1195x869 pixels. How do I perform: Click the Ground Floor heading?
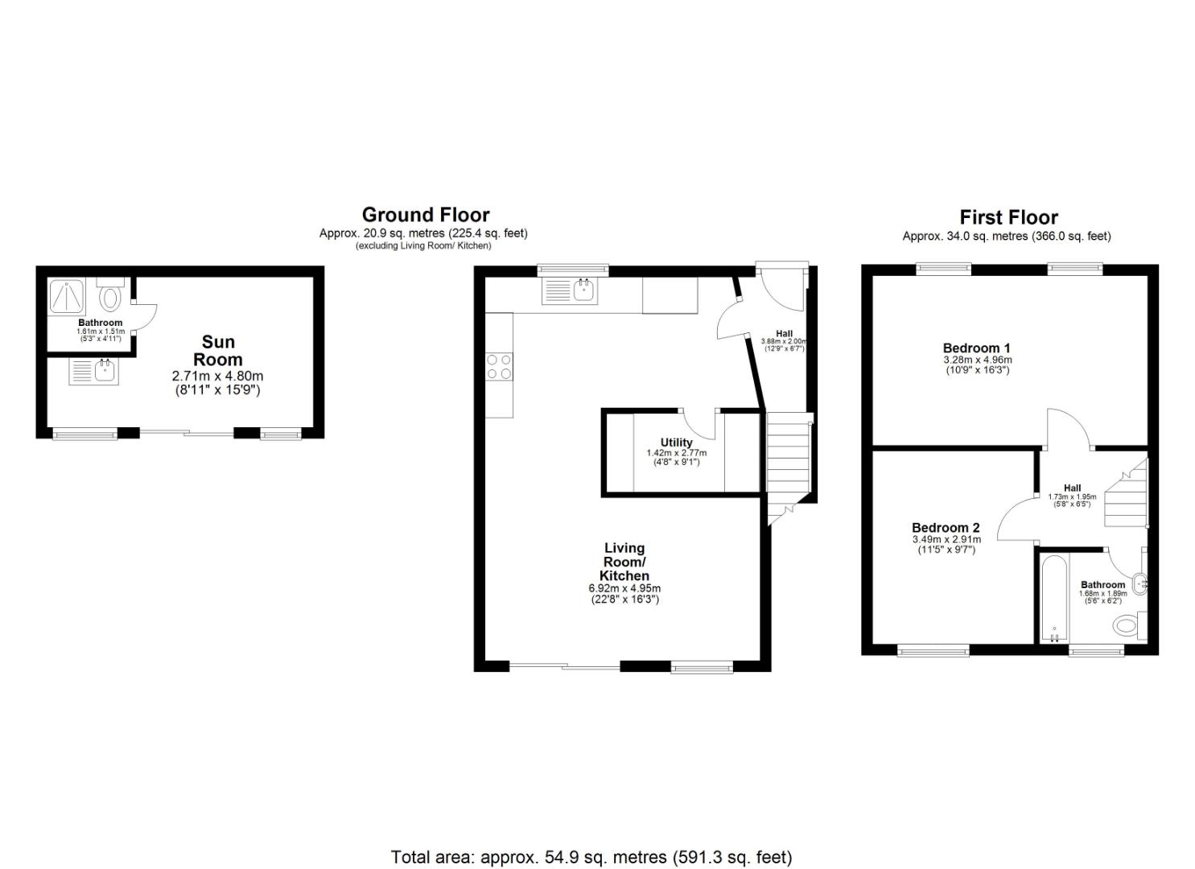coord(425,215)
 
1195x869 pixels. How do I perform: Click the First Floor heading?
coord(1008,217)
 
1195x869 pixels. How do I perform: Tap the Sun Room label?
coord(217,351)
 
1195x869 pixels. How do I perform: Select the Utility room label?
coord(676,443)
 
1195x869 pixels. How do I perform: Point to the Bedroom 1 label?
coord(976,348)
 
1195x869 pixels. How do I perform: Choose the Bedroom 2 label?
coord(945,528)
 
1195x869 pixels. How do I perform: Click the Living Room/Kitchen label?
coord(624,562)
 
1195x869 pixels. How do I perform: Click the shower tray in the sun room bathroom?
coord(70,296)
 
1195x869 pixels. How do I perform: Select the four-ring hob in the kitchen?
coord(499,367)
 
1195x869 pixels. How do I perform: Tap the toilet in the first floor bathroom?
coord(1128,624)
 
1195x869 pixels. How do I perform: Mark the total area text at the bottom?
coord(591,857)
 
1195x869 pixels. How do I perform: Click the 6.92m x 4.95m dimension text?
coord(624,588)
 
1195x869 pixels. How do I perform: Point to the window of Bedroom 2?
coord(933,650)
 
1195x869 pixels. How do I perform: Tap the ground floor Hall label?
coord(784,334)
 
